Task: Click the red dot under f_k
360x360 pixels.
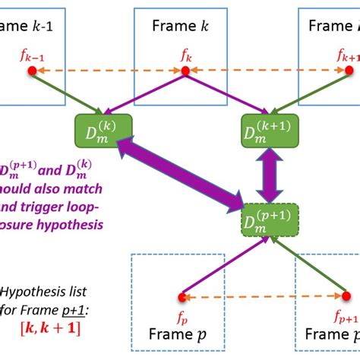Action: (184, 71)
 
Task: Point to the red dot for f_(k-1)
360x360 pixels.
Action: (32, 71)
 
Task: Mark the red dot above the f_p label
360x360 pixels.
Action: (182, 296)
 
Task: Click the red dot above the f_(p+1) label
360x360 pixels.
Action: (339, 296)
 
